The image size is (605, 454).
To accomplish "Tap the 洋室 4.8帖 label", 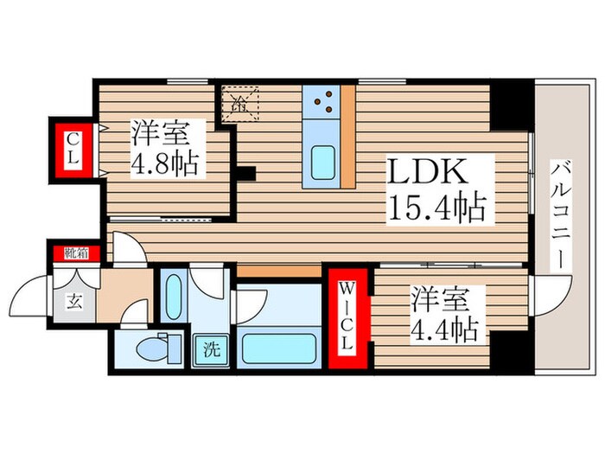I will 169,149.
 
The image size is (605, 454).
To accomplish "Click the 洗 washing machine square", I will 210,351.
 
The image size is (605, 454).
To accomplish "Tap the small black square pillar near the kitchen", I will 247,172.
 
